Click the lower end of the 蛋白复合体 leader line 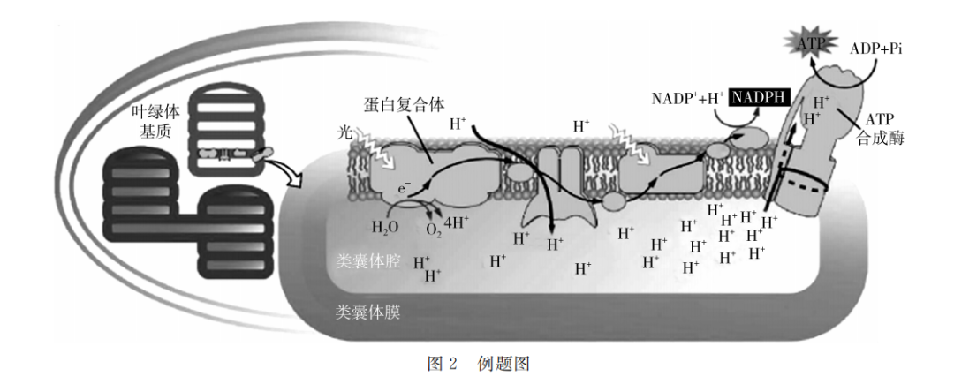(x=433, y=162)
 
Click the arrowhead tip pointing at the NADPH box (x=760, y=109)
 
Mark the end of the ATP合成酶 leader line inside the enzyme (x=839, y=109)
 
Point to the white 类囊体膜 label (x=367, y=312)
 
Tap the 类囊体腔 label (x=367, y=263)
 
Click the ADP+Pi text (x=876, y=49)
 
